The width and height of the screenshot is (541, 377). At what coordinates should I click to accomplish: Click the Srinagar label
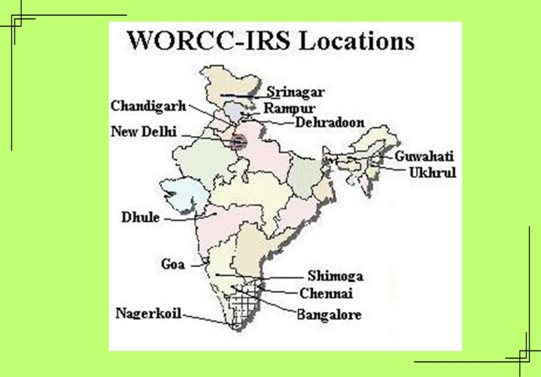click(x=295, y=92)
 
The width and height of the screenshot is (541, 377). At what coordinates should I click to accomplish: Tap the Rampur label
click(x=286, y=108)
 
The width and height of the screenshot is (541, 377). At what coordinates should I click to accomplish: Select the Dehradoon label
click(x=330, y=122)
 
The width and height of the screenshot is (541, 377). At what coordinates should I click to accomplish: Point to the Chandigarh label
click(x=148, y=106)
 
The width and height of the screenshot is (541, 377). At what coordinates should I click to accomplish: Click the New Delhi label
click(x=143, y=131)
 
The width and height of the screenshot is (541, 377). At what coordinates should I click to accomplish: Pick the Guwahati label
click(x=424, y=157)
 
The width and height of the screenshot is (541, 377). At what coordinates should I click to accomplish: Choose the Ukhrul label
click(x=432, y=172)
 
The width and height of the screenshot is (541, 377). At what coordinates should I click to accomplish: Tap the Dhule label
click(x=141, y=217)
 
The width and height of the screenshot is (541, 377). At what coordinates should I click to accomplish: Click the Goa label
click(x=173, y=264)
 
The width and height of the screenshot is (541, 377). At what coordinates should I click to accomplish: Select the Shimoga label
click(x=335, y=276)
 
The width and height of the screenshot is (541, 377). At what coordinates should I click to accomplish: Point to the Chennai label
click(x=326, y=294)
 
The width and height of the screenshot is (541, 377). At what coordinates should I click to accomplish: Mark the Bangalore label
click(x=329, y=315)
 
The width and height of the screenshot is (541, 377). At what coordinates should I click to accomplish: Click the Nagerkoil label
click(x=148, y=314)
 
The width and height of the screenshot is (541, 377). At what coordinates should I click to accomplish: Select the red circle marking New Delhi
click(x=239, y=142)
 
